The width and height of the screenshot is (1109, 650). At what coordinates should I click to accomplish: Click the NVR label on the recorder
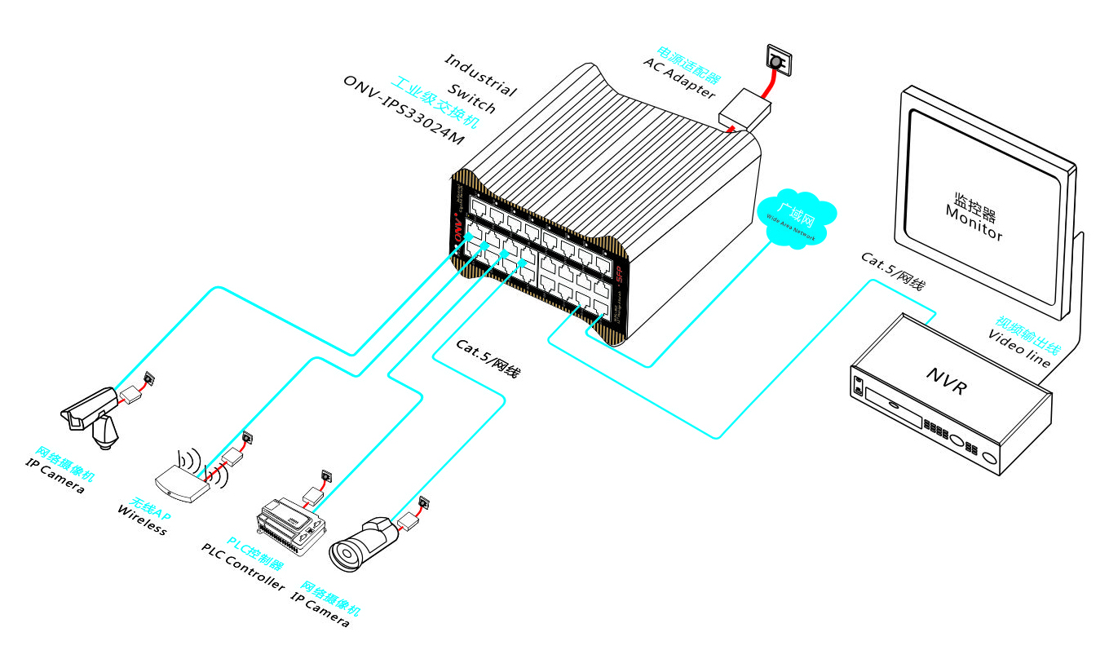(946, 381)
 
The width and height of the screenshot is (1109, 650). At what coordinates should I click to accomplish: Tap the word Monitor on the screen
(974, 223)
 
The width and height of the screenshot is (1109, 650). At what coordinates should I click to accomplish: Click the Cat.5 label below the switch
(488, 358)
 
